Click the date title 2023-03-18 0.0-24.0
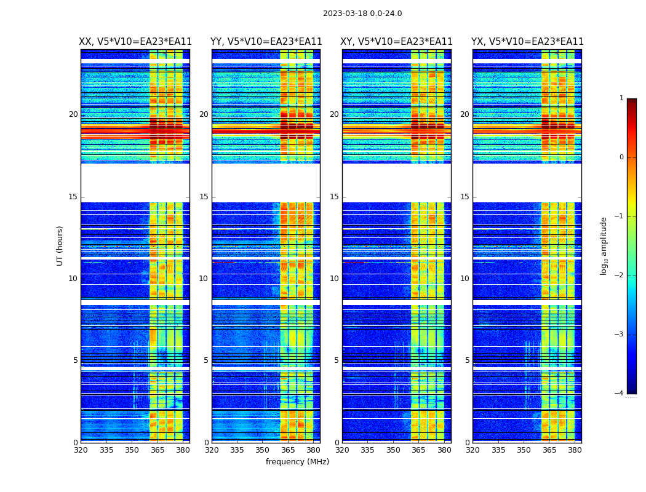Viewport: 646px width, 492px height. [362, 14]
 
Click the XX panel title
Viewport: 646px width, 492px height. [135, 42]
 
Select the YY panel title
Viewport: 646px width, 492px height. [266, 42]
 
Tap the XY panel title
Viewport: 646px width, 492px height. [397, 42]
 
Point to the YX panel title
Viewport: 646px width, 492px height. [527, 42]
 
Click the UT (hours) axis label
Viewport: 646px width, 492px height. [60, 245]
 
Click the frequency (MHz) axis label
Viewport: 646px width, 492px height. [297, 462]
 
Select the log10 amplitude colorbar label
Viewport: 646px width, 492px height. [604, 245]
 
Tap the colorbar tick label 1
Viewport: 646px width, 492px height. [621, 98]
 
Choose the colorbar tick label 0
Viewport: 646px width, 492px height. [621, 157]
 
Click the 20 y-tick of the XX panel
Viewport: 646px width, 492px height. [73, 114]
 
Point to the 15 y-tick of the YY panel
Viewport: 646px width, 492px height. [204, 197]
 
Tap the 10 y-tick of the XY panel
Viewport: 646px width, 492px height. [334, 279]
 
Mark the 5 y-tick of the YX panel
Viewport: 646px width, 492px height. [467, 360]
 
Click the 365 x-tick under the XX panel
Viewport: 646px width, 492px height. [158, 450]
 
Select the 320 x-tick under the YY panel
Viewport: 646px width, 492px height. [212, 450]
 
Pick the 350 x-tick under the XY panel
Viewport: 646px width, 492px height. [393, 450]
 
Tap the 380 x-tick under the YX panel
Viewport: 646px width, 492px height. [575, 450]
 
